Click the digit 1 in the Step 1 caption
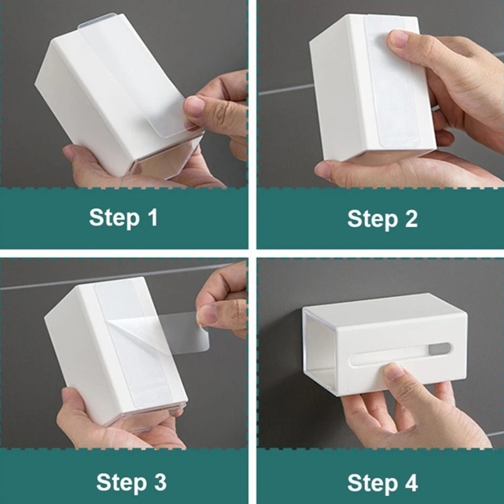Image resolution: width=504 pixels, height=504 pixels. (153, 217)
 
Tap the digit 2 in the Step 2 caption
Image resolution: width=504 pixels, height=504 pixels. (411, 219)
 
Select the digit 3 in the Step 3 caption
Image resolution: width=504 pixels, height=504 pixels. (160, 482)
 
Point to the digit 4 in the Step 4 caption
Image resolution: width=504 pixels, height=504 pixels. (411, 483)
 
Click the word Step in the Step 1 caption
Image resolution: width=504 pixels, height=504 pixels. (115, 218)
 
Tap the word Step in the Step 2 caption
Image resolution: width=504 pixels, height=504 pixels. (372, 220)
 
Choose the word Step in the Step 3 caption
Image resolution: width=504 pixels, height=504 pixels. (122, 483)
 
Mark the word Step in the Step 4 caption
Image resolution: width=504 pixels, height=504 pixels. (372, 484)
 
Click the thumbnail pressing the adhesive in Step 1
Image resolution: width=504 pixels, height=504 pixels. (195, 106)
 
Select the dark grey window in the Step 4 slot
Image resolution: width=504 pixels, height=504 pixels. (439, 349)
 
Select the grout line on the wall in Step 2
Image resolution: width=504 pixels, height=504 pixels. (286, 89)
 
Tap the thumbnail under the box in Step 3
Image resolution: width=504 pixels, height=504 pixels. (67, 396)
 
